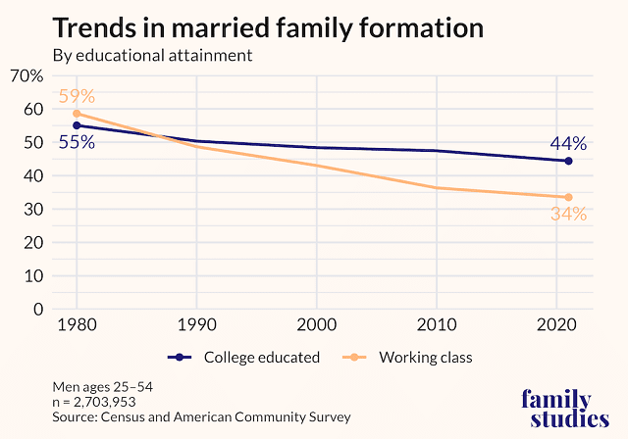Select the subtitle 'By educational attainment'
point(153,56)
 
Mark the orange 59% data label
point(77,97)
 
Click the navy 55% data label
point(77,142)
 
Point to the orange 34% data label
point(567,214)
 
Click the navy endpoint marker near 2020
point(568,161)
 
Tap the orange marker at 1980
point(77,114)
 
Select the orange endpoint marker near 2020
point(568,197)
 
